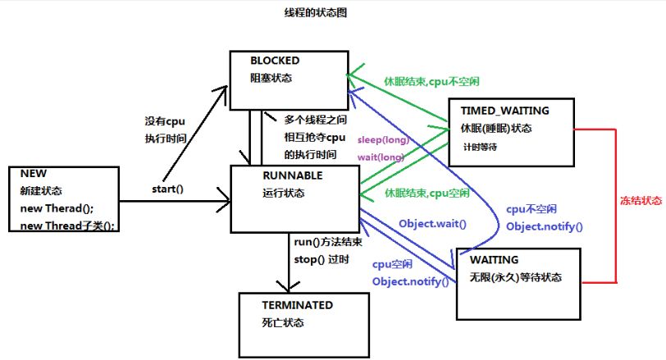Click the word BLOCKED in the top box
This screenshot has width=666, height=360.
pyautogui.click(x=276, y=61)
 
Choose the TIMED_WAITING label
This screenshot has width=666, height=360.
pyautogui.click(x=505, y=110)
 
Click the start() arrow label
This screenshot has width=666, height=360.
pyautogui.click(x=167, y=189)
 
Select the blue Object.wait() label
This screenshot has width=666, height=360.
pyautogui.click(x=432, y=224)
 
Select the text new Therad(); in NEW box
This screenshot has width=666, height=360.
pyautogui.click(x=59, y=208)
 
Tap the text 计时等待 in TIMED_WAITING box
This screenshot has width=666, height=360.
pyautogui.click(x=480, y=147)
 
